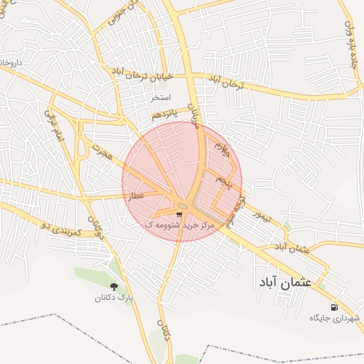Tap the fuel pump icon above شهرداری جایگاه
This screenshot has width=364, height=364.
coord(315,307)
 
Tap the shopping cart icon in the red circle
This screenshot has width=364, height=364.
coord(178,213)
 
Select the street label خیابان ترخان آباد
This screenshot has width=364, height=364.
coord(140,75)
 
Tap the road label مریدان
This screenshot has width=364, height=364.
coord(192,114)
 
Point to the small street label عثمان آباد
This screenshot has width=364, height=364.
coord(293,247)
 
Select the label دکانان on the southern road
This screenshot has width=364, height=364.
coord(166,331)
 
